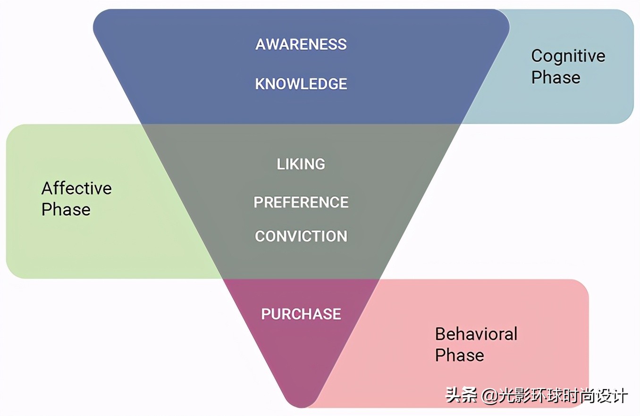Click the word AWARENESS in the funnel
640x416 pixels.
pos(301,44)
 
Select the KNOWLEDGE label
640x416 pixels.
pos(301,84)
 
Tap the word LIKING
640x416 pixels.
pos(301,164)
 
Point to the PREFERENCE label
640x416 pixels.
pos(301,202)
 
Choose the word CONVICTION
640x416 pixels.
pos(301,236)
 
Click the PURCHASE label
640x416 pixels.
pos(301,314)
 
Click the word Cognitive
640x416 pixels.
pos(568,56)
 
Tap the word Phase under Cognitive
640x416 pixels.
pos(556,77)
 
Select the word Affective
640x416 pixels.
pos(76,189)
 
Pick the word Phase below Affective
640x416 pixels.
pos(66,209)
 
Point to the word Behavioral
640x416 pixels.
pos(476,334)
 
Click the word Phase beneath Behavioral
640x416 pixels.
pos(460,355)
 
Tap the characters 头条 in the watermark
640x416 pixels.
pos(462,395)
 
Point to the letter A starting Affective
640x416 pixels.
pos(46,189)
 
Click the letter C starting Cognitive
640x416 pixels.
pos(537,56)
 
